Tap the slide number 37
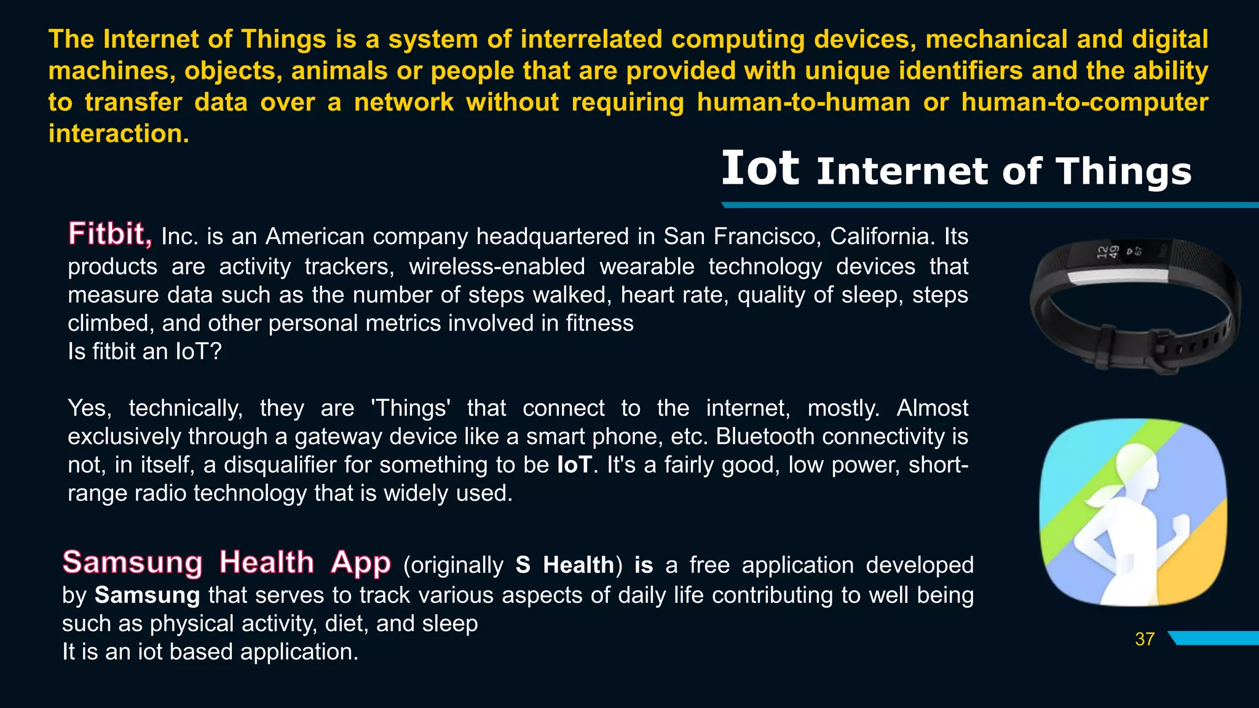tap(1145, 639)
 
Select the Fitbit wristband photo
tap(1135, 306)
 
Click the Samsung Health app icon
tap(1132, 512)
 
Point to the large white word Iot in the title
tap(760, 168)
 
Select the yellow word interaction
tap(118, 133)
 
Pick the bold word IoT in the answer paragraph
tap(574, 465)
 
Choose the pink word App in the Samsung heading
tap(360, 562)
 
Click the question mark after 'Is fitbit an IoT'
tap(215, 352)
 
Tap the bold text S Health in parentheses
tap(565, 565)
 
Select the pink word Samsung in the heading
tap(132, 562)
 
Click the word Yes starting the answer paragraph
tap(89, 408)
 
